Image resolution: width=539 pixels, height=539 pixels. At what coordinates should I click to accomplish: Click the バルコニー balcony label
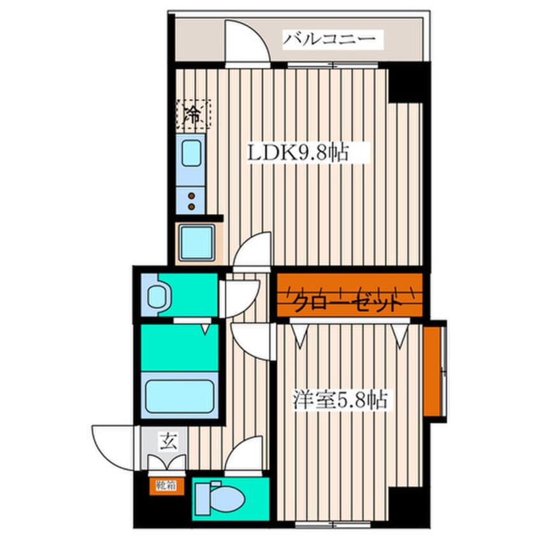point(328,40)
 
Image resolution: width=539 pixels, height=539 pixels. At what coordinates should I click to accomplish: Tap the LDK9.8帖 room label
point(298,153)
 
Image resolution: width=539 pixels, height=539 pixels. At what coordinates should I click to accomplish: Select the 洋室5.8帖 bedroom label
point(340,399)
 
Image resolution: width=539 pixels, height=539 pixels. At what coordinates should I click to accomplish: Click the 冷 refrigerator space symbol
point(193,115)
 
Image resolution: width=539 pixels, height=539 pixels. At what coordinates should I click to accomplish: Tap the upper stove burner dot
point(192,196)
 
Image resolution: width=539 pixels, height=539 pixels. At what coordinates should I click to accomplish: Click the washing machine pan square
point(197,242)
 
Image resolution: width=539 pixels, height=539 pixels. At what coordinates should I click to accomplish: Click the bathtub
point(180,396)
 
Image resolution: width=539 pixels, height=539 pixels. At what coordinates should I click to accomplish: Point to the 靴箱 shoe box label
point(166,485)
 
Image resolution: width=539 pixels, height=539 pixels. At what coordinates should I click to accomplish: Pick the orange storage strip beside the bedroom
point(432,371)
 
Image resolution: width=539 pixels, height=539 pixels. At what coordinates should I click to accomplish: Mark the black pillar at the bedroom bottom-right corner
point(408,507)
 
